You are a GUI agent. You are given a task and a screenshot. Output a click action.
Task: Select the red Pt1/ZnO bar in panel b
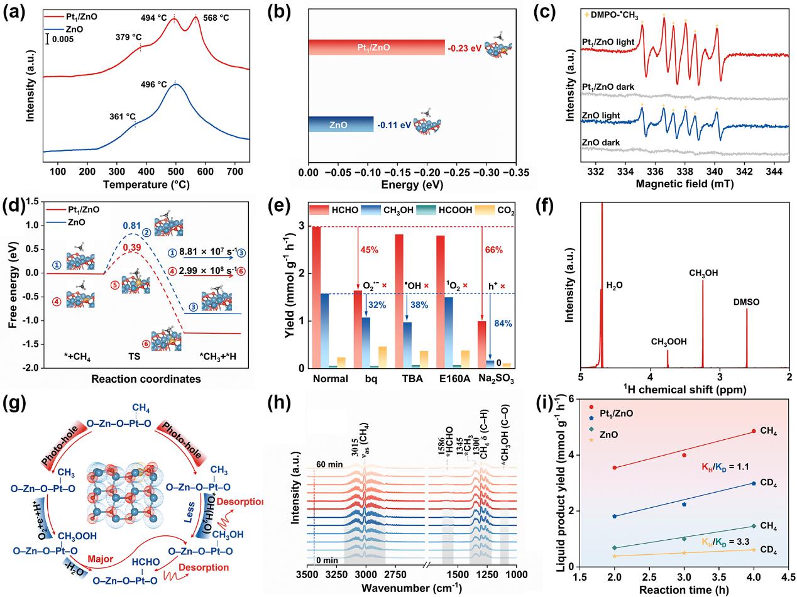(376, 47)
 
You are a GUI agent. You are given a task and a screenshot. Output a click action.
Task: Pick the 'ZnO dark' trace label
(600, 143)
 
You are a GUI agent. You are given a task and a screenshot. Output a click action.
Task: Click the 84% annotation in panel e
(503, 324)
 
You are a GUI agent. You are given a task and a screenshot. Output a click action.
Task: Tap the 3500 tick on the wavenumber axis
(307, 573)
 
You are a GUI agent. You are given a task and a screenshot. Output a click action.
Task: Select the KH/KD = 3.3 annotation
(721, 540)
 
